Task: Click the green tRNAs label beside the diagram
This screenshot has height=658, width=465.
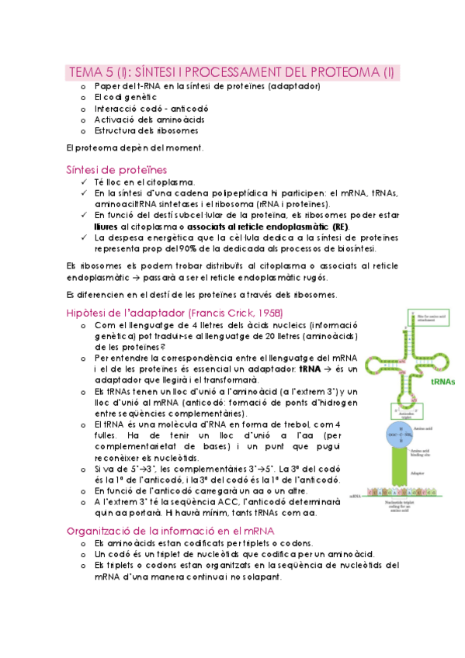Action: coord(442,383)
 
